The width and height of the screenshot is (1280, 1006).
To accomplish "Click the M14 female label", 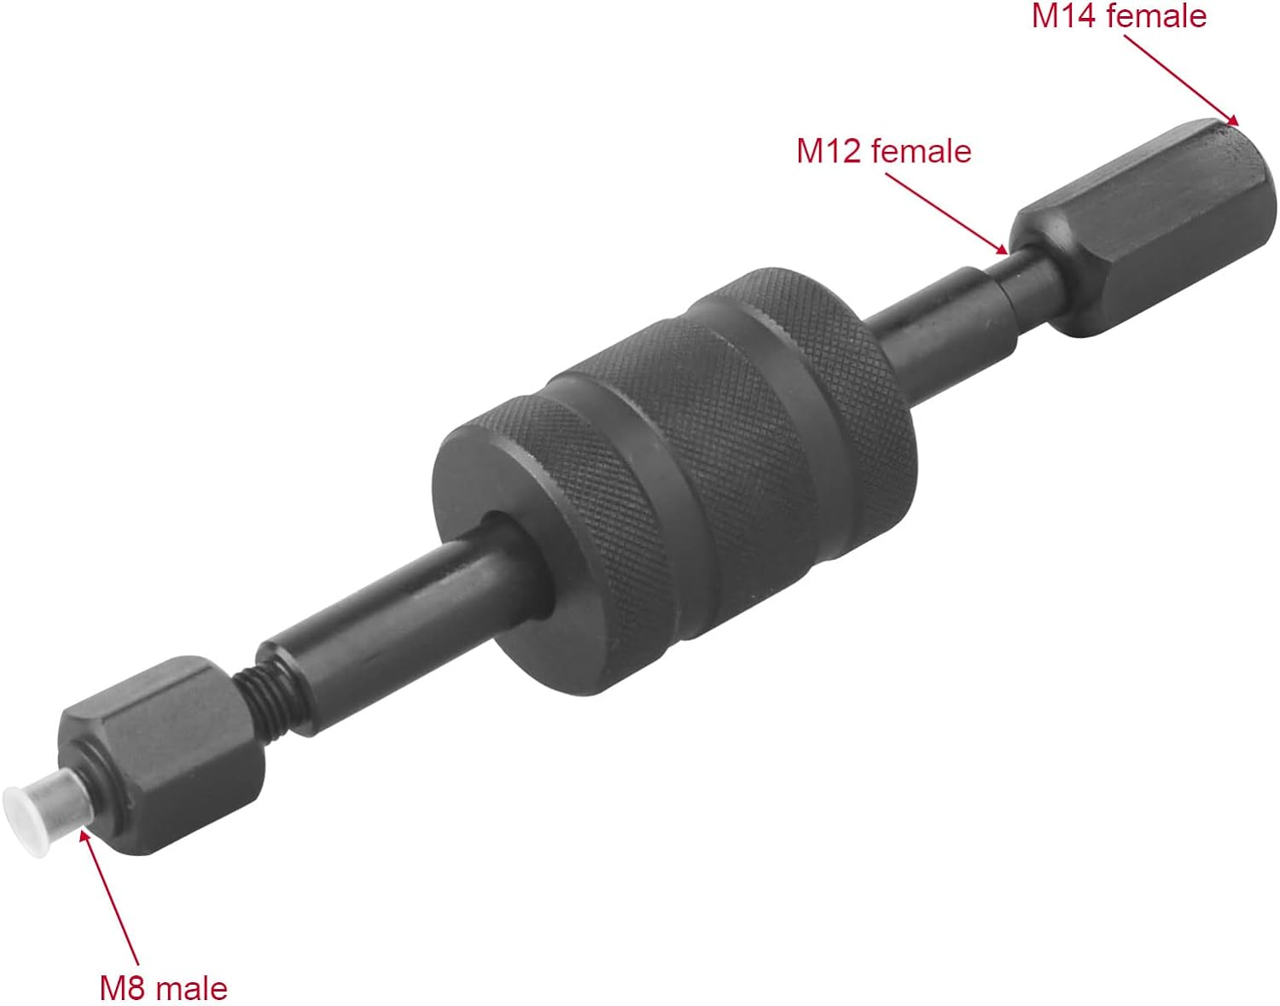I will pyautogui.click(x=1119, y=16).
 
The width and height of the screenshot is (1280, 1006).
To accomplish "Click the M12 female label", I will pyautogui.click(x=883, y=151).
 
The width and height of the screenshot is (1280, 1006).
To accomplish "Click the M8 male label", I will pyautogui.click(x=164, y=987).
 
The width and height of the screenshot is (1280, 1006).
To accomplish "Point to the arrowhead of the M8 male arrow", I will pyautogui.click(x=84, y=831).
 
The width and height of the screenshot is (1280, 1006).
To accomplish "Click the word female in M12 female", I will pyautogui.click(x=921, y=151).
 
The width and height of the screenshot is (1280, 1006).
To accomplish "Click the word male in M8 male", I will pyautogui.click(x=194, y=987).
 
